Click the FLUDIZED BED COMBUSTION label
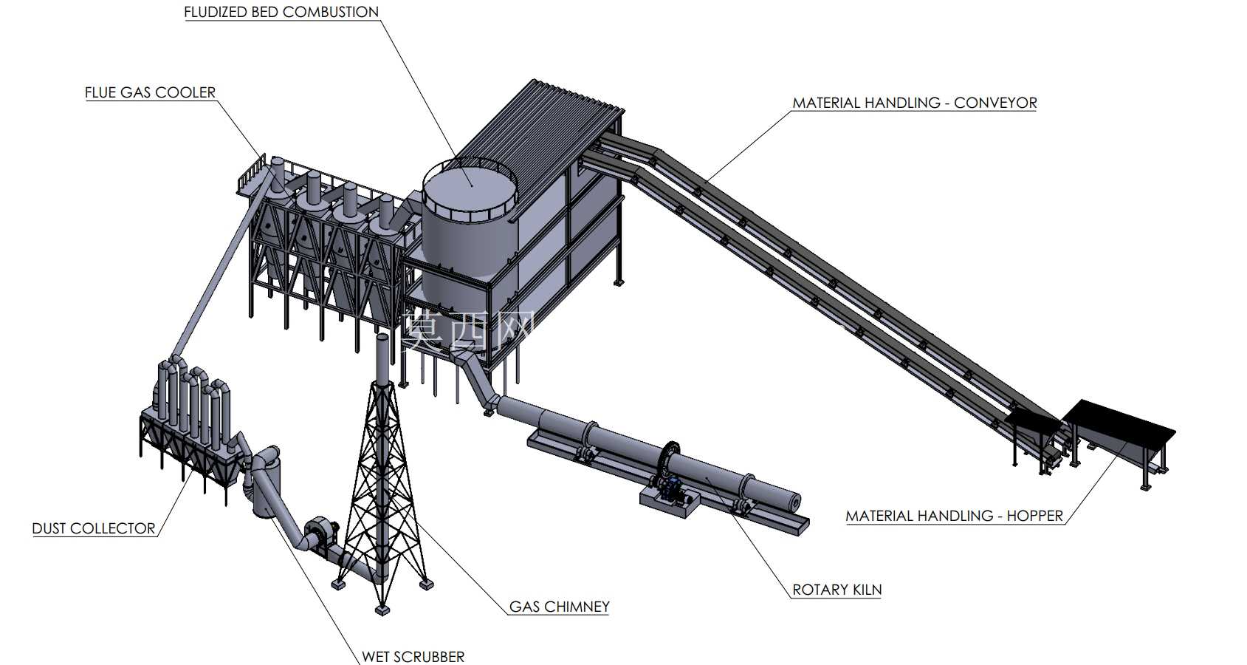[x=281, y=13]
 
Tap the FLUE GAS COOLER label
[x=150, y=92]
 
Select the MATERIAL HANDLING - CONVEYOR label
[x=915, y=103]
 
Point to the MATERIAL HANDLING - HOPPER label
[x=954, y=516]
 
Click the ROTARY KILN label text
[x=837, y=590]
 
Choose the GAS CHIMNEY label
[x=560, y=607]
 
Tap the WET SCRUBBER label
[x=413, y=657]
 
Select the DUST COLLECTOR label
[x=94, y=528]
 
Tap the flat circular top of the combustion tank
[x=470, y=187]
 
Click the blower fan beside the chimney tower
[x=320, y=534]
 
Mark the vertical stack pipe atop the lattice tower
[x=382, y=358]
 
